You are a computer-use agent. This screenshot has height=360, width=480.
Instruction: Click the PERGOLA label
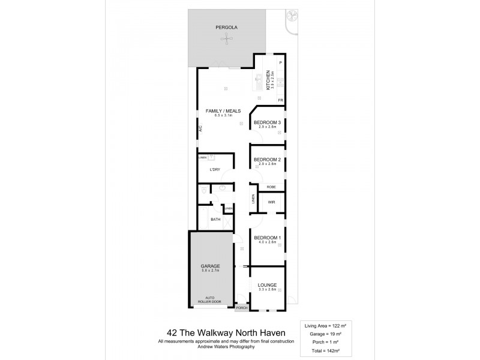point(225,28)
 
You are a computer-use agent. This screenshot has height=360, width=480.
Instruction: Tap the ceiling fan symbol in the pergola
point(226,40)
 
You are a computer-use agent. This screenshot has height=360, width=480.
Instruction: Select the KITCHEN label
point(269,80)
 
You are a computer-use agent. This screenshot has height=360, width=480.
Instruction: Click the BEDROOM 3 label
point(267,122)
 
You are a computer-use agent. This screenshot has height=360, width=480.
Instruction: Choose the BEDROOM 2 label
point(267,159)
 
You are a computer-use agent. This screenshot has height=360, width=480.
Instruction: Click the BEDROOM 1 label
point(267,238)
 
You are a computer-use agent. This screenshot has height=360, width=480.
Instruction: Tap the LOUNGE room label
point(267,285)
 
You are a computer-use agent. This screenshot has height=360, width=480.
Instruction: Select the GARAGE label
point(211,266)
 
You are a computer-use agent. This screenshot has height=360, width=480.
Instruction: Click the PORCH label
point(241,308)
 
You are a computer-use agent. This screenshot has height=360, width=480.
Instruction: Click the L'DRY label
point(215,170)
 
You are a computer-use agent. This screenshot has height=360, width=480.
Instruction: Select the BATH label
point(215,220)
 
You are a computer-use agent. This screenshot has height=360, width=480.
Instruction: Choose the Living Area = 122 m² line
point(326,323)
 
